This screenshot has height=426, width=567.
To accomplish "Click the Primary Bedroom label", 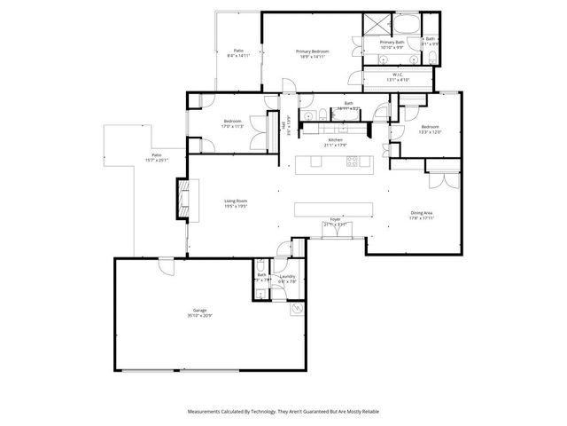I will [x=312, y=51].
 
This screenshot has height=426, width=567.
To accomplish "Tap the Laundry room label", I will [x=287, y=276].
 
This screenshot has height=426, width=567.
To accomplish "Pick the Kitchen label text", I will [x=335, y=140].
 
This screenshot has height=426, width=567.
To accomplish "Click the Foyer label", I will [x=336, y=218].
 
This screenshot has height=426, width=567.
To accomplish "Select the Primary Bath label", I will [x=392, y=42].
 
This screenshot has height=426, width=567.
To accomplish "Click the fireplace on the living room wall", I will [x=184, y=197].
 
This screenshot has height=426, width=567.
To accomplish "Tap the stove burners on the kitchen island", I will [x=353, y=162].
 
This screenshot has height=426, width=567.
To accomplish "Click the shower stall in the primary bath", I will [x=376, y=24].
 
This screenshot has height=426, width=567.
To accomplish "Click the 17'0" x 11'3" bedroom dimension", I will [x=233, y=127].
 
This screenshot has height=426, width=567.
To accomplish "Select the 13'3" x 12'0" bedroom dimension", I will [x=431, y=131].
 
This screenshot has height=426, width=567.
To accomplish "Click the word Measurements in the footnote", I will [x=206, y=412].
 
